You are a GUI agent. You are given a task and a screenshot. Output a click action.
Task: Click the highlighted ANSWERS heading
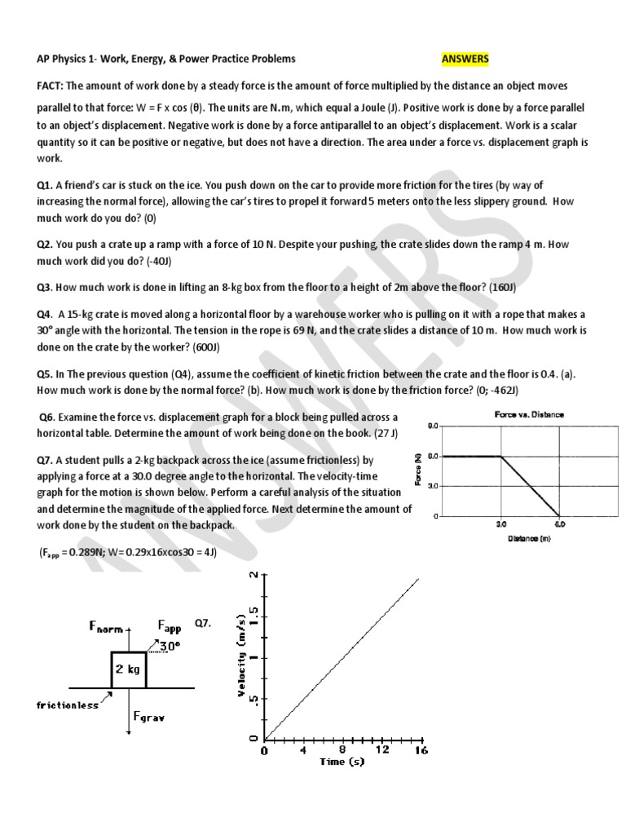point(465,59)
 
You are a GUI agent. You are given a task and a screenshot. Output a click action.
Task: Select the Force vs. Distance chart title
point(529,414)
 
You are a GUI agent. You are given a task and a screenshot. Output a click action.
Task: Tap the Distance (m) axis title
point(529,537)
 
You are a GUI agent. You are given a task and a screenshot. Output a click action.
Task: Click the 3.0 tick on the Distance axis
point(501,525)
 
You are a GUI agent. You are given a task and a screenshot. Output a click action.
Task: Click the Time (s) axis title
point(342,762)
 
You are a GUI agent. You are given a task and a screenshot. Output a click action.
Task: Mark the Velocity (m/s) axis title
point(242,656)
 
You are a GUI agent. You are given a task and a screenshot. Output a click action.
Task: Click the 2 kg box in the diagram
point(128,669)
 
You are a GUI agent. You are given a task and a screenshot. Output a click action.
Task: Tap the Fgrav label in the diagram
point(149,718)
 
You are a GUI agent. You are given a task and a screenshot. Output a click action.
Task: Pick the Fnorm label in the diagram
point(106,627)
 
